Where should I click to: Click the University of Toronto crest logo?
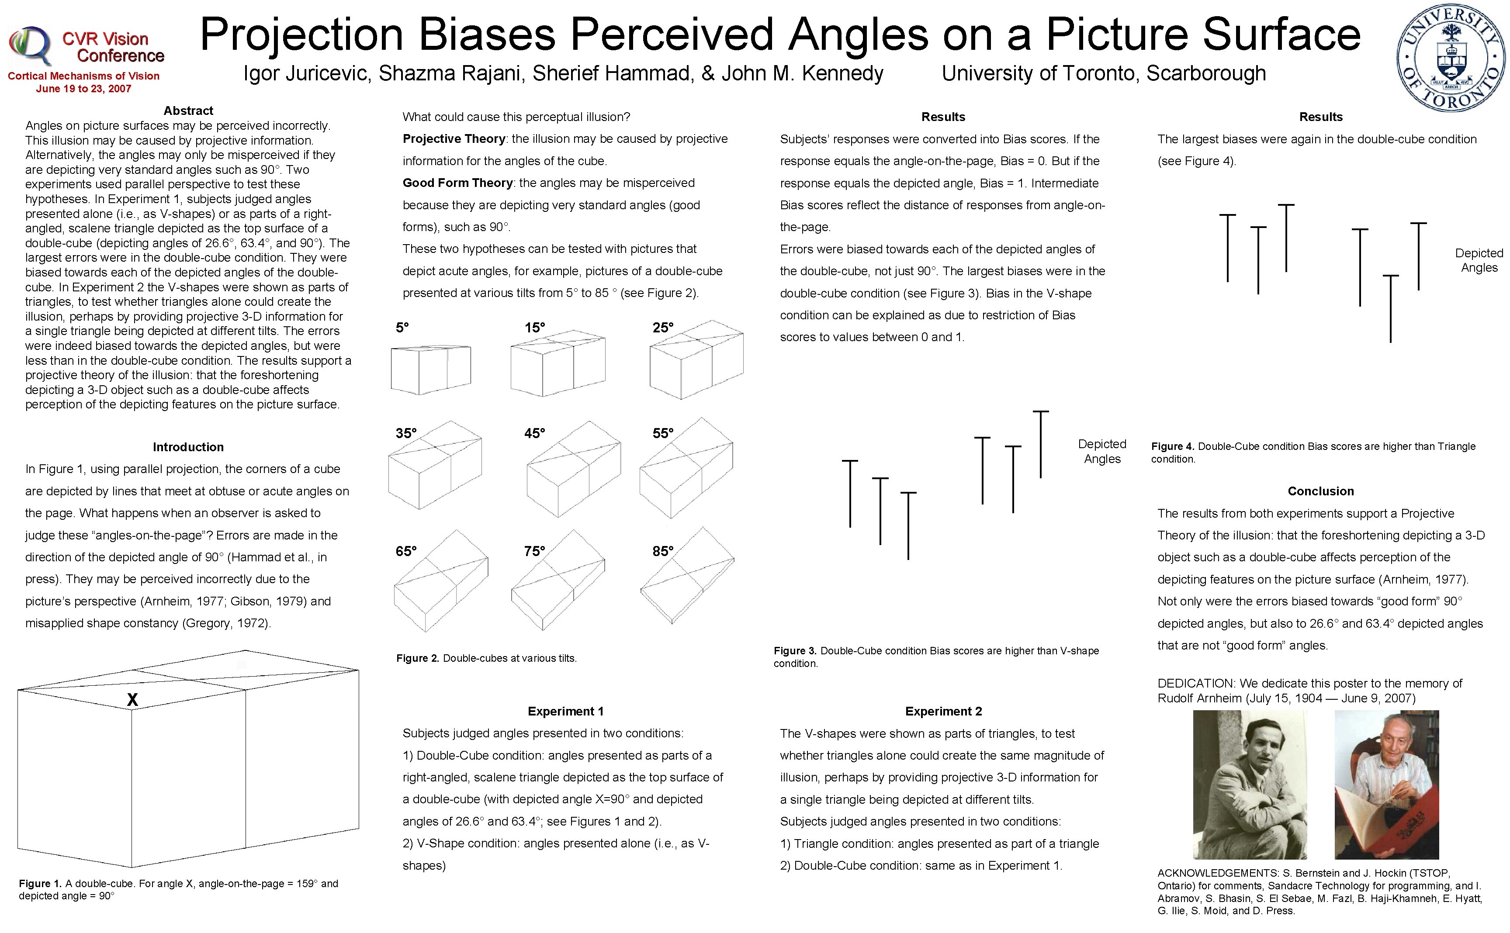point(1450,57)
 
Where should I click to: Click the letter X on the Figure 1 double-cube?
point(132,699)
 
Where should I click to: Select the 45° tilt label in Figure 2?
point(534,433)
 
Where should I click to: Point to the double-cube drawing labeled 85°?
point(687,575)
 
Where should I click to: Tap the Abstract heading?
point(188,111)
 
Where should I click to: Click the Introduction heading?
point(188,447)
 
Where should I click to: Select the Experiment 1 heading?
point(565,711)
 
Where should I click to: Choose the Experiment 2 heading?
point(943,711)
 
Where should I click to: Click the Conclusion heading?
point(1320,491)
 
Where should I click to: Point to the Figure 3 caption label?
point(795,650)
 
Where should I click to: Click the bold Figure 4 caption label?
point(1172,446)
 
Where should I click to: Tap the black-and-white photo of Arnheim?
point(1250,784)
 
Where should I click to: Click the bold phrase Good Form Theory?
point(457,183)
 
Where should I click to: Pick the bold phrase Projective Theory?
point(454,139)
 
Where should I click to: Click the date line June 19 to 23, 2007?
point(83,89)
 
